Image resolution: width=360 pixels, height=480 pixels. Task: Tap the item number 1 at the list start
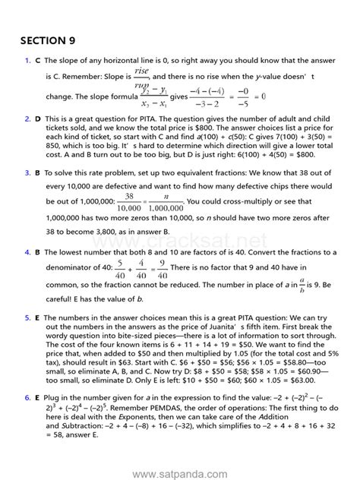27,60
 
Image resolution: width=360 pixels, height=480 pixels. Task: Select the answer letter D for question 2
37,120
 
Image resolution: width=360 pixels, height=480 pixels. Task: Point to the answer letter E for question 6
37,398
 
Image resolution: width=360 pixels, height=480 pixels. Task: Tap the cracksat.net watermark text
220,222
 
